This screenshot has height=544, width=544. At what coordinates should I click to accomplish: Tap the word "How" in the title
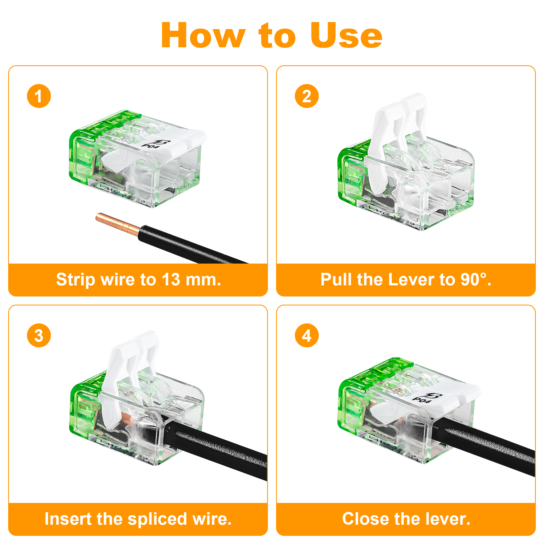[203, 35]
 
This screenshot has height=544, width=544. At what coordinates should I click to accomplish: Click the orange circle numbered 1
[39, 96]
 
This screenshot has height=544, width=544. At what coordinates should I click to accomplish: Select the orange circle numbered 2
[307, 96]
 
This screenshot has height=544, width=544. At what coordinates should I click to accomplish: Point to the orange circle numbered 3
[39, 335]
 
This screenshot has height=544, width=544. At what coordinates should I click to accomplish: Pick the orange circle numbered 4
[307, 335]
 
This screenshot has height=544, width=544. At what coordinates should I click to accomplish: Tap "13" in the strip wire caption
[171, 280]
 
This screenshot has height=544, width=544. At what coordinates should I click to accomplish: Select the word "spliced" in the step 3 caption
[157, 519]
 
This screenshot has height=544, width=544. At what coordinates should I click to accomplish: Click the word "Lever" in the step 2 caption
[412, 280]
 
